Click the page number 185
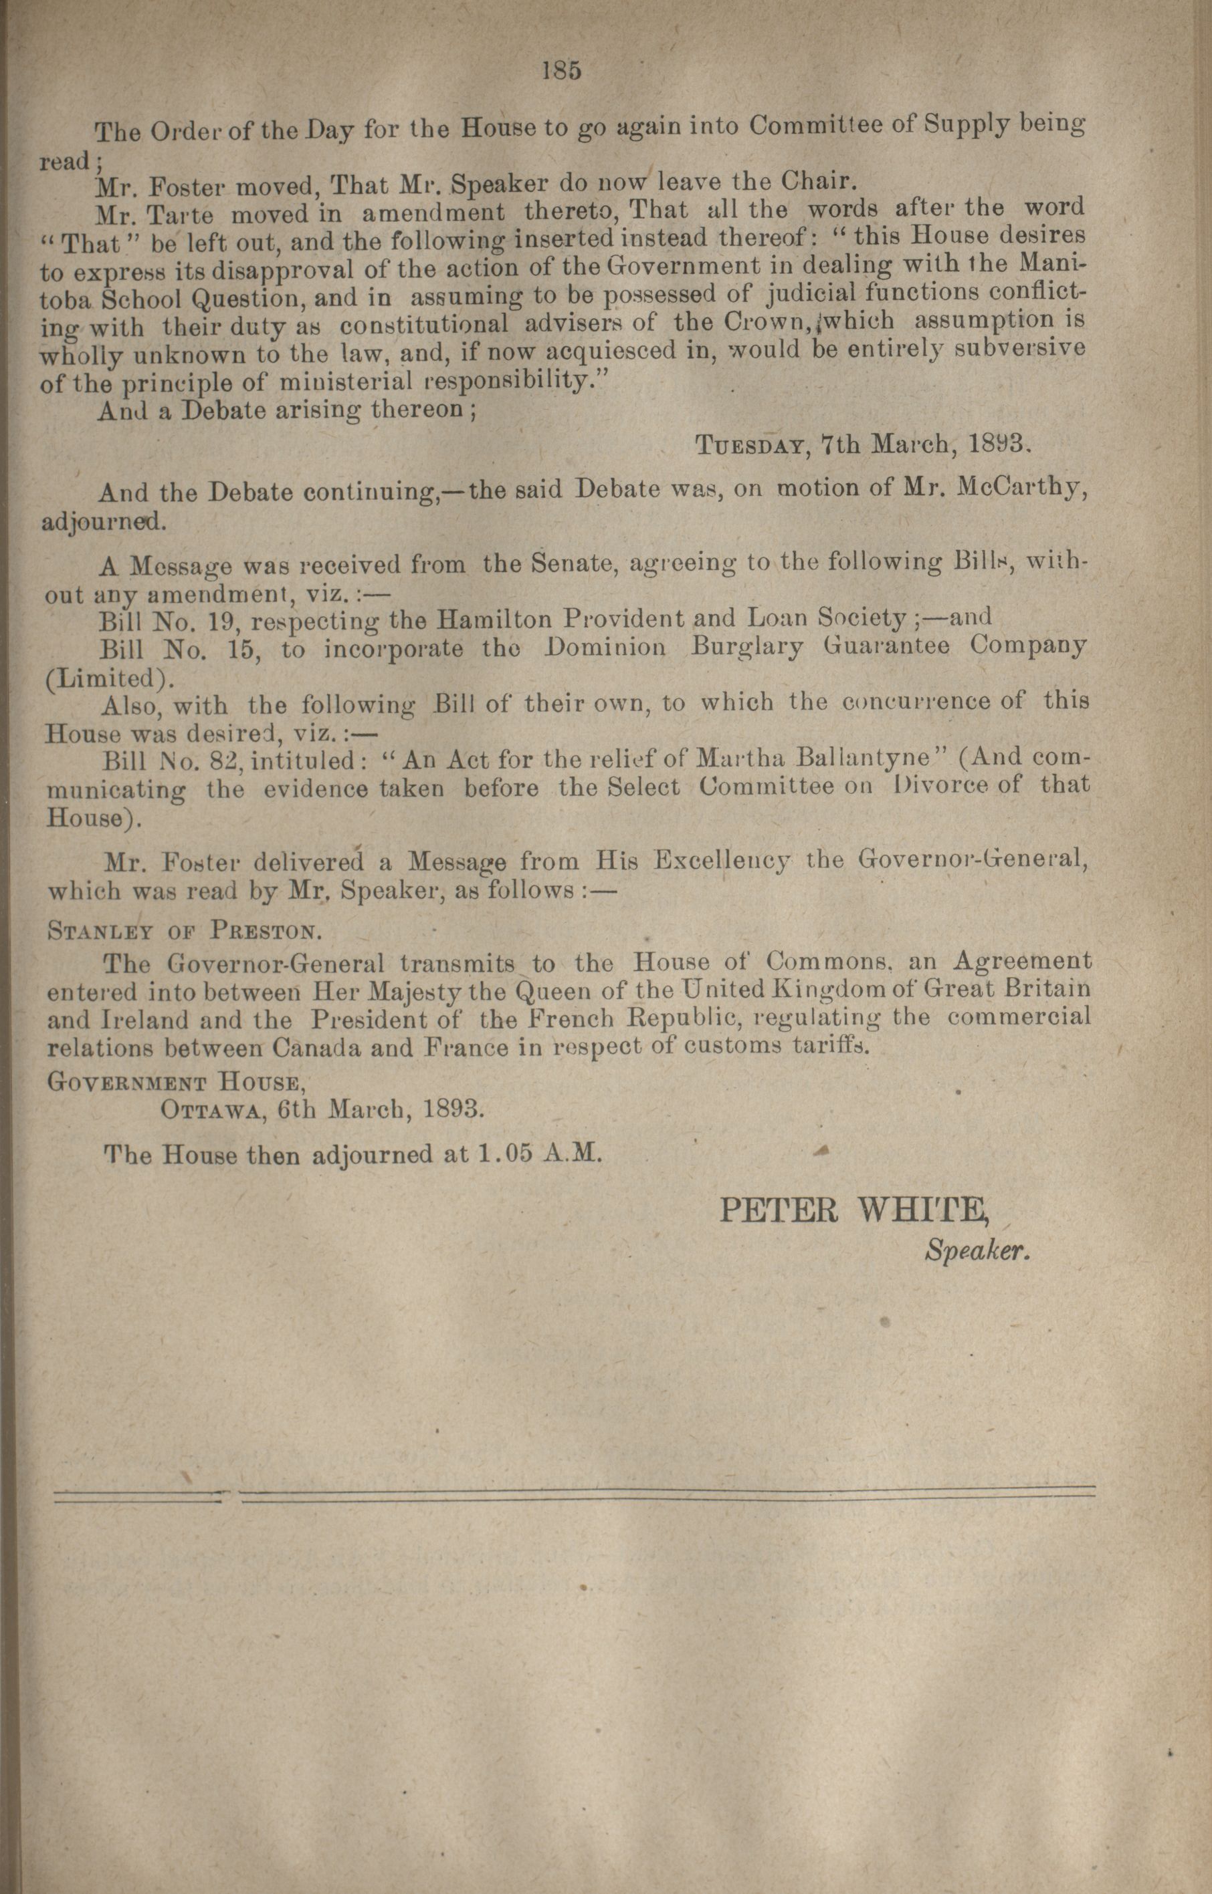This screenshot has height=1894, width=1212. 561,71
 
